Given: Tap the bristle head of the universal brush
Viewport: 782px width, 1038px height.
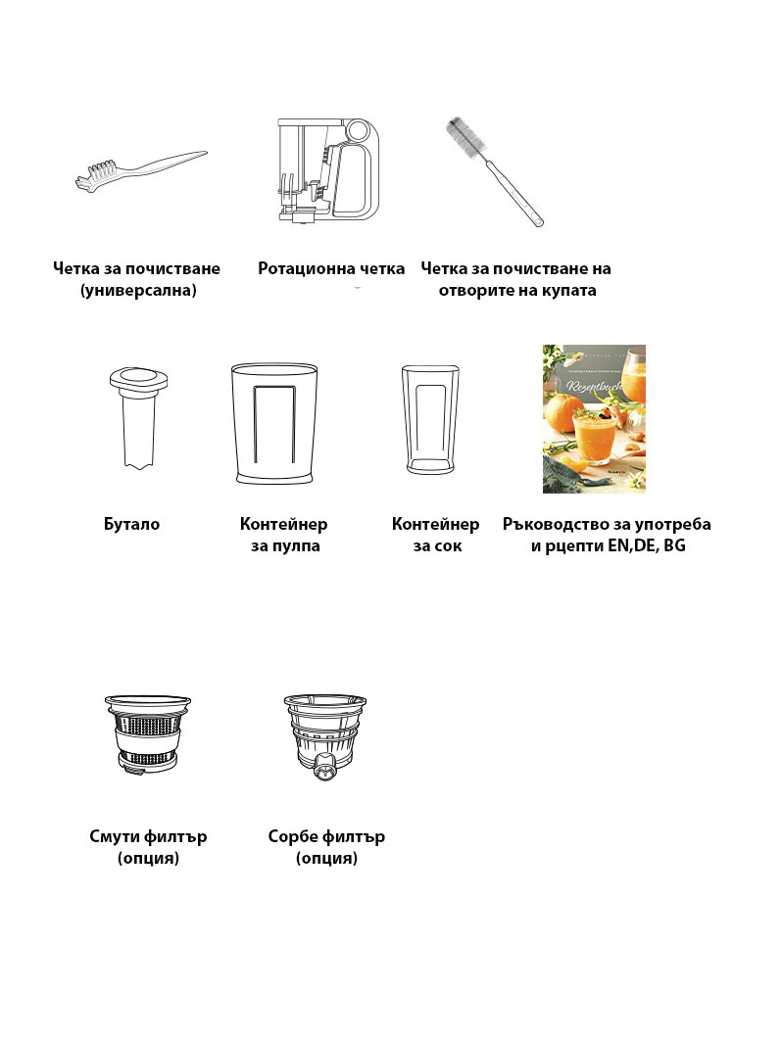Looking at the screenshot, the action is point(93,175).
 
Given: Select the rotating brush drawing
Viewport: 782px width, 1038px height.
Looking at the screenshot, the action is point(328,170).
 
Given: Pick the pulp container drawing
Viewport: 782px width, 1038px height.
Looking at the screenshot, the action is point(273,424).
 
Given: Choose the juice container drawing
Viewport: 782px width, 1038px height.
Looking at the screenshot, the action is point(430,419).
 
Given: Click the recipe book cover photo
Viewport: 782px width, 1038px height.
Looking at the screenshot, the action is point(594,418).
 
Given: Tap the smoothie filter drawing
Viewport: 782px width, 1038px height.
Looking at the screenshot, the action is point(147,733).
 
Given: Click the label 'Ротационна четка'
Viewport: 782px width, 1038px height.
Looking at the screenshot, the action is point(330,268).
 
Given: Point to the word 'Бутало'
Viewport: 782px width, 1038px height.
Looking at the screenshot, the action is point(132,524).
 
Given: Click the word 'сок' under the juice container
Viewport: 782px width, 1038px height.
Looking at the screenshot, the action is point(447,546).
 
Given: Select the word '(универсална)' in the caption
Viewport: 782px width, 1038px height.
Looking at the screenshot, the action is point(138,291).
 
